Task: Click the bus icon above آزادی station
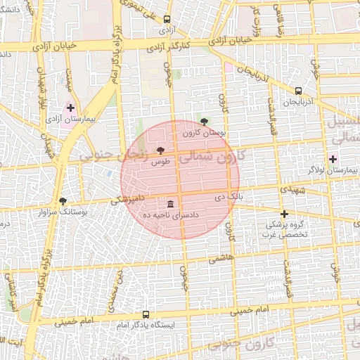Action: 167,20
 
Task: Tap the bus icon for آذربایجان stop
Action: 298,91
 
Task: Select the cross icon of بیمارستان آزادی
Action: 70,108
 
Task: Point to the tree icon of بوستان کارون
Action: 205,122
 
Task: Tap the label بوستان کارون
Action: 203,132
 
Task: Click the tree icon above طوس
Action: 161,150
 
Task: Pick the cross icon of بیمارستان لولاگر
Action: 333,159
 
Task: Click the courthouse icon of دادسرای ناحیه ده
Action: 171,203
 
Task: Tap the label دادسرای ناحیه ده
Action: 172,214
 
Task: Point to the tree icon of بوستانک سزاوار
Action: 63,201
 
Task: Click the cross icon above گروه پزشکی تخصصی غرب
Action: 284,214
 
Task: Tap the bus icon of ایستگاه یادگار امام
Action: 146,314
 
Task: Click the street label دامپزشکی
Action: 127,200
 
